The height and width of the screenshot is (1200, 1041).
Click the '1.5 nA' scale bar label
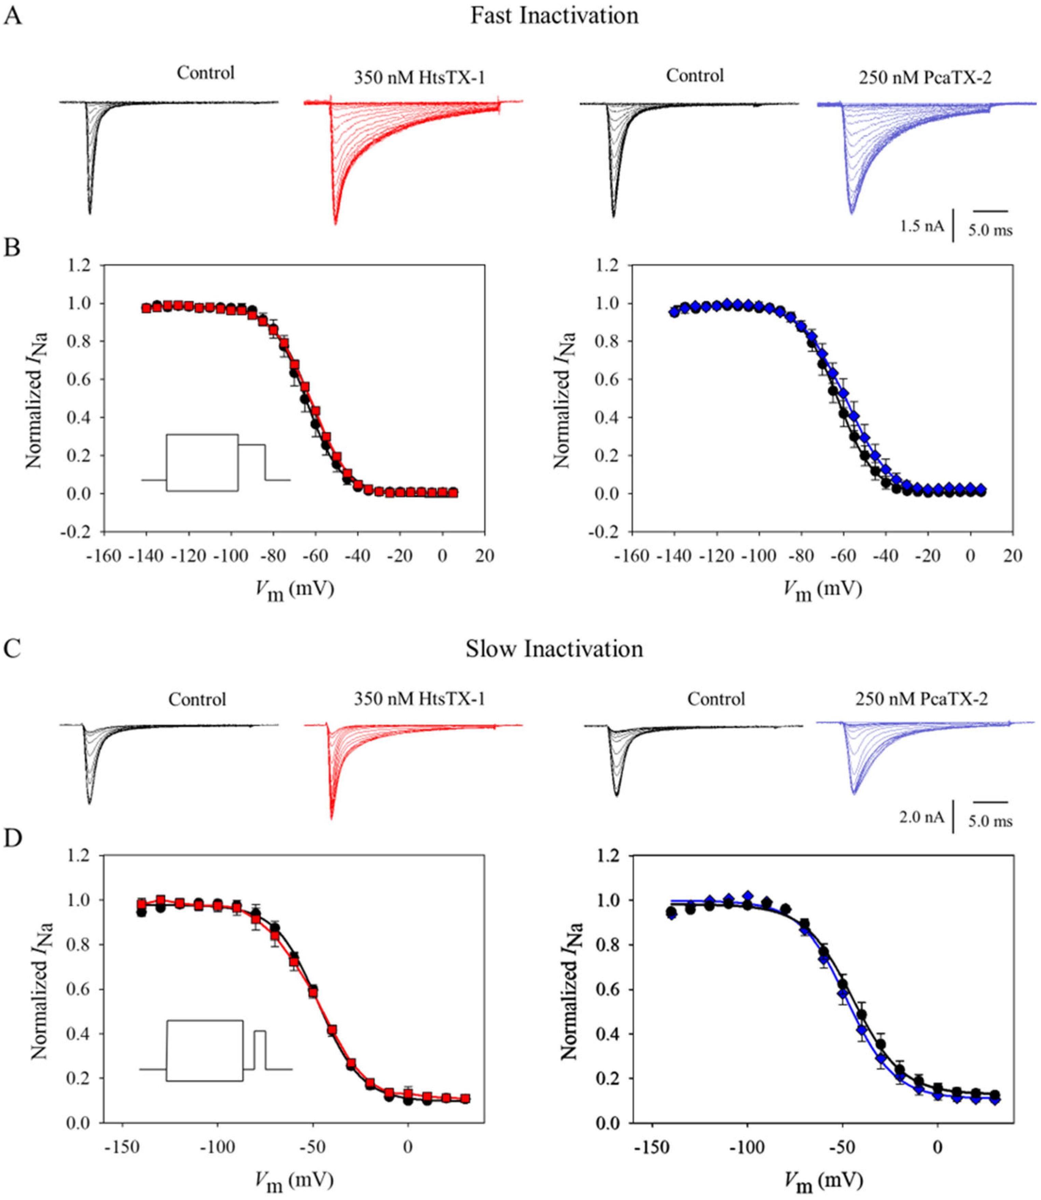[921, 226]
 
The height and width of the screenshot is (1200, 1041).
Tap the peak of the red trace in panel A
[335, 223]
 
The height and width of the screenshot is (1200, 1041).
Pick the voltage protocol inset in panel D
[215, 1051]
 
